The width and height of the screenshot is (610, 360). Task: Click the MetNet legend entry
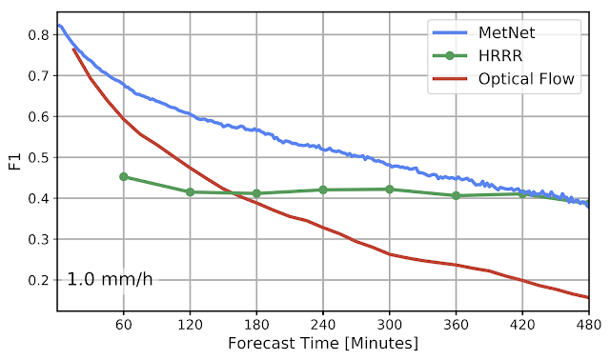[484, 32]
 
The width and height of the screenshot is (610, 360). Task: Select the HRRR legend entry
[478, 56]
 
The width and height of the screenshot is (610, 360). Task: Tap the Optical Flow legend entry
[504, 79]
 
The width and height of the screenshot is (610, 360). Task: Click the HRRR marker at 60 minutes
[124, 177]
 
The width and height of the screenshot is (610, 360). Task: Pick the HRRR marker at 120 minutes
[191, 191]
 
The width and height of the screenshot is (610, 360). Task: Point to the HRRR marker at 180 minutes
[256, 193]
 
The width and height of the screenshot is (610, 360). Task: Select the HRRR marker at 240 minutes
[323, 190]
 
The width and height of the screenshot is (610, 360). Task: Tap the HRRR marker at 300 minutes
[390, 190]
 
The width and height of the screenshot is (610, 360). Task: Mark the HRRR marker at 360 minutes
[456, 195]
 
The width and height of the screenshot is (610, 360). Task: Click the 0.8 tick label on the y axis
[39, 35]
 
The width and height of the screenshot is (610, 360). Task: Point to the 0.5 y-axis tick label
[39, 157]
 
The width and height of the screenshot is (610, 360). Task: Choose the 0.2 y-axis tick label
[39, 280]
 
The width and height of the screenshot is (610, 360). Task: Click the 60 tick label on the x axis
[124, 324]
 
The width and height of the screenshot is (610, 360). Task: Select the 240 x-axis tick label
[323, 324]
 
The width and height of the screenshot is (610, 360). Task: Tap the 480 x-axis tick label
[589, 324]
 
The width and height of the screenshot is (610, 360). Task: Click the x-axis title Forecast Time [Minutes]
[323, 343]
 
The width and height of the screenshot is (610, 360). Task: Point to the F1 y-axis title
[15, 162]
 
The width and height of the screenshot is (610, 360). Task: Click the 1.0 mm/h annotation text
[111, 279]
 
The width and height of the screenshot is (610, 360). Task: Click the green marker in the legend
[450, 56]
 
